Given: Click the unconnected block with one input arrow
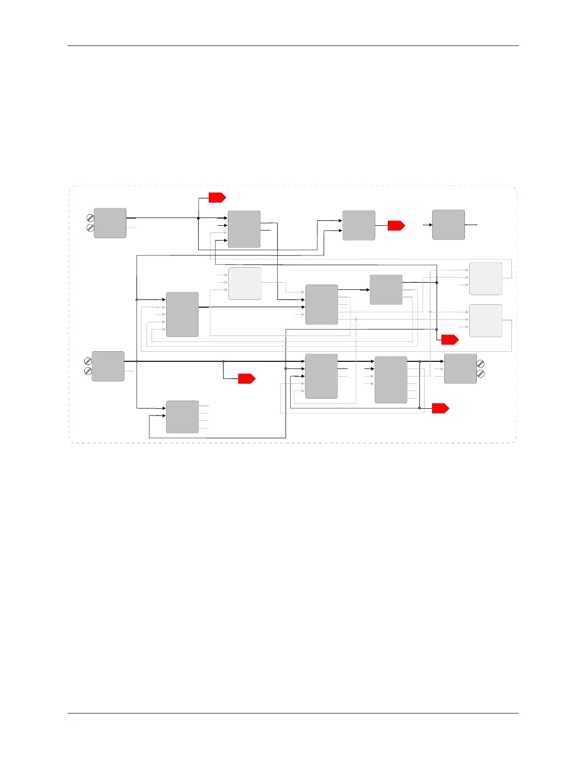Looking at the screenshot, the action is [x=448, y=225].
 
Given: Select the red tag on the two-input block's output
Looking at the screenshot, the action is [x=396, y=225].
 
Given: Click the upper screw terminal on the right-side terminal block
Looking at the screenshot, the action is [x=481, y=365].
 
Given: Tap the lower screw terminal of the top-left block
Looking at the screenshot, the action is [x=90, y=228].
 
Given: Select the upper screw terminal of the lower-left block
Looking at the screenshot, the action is [x=88, y=361].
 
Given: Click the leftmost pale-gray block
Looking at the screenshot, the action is [x=245, y=284].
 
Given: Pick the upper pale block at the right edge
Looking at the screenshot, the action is [x=485, y=278].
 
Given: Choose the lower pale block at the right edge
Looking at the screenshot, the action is [x=485, y=321].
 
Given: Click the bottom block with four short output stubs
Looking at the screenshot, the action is [x=182, y=417].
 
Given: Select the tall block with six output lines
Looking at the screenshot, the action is [x=391, y=379].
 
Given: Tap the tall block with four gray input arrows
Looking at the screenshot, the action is [x=182, y=314].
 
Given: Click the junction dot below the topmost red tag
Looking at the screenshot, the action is [x=198, y=218].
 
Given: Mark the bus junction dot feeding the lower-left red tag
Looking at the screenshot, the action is [x=224, y=361].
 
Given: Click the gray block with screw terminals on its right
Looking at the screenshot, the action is [x=460, y=368].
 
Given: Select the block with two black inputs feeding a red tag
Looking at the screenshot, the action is [x=359, y=225].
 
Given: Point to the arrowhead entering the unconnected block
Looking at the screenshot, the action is [x=430, y=225].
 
